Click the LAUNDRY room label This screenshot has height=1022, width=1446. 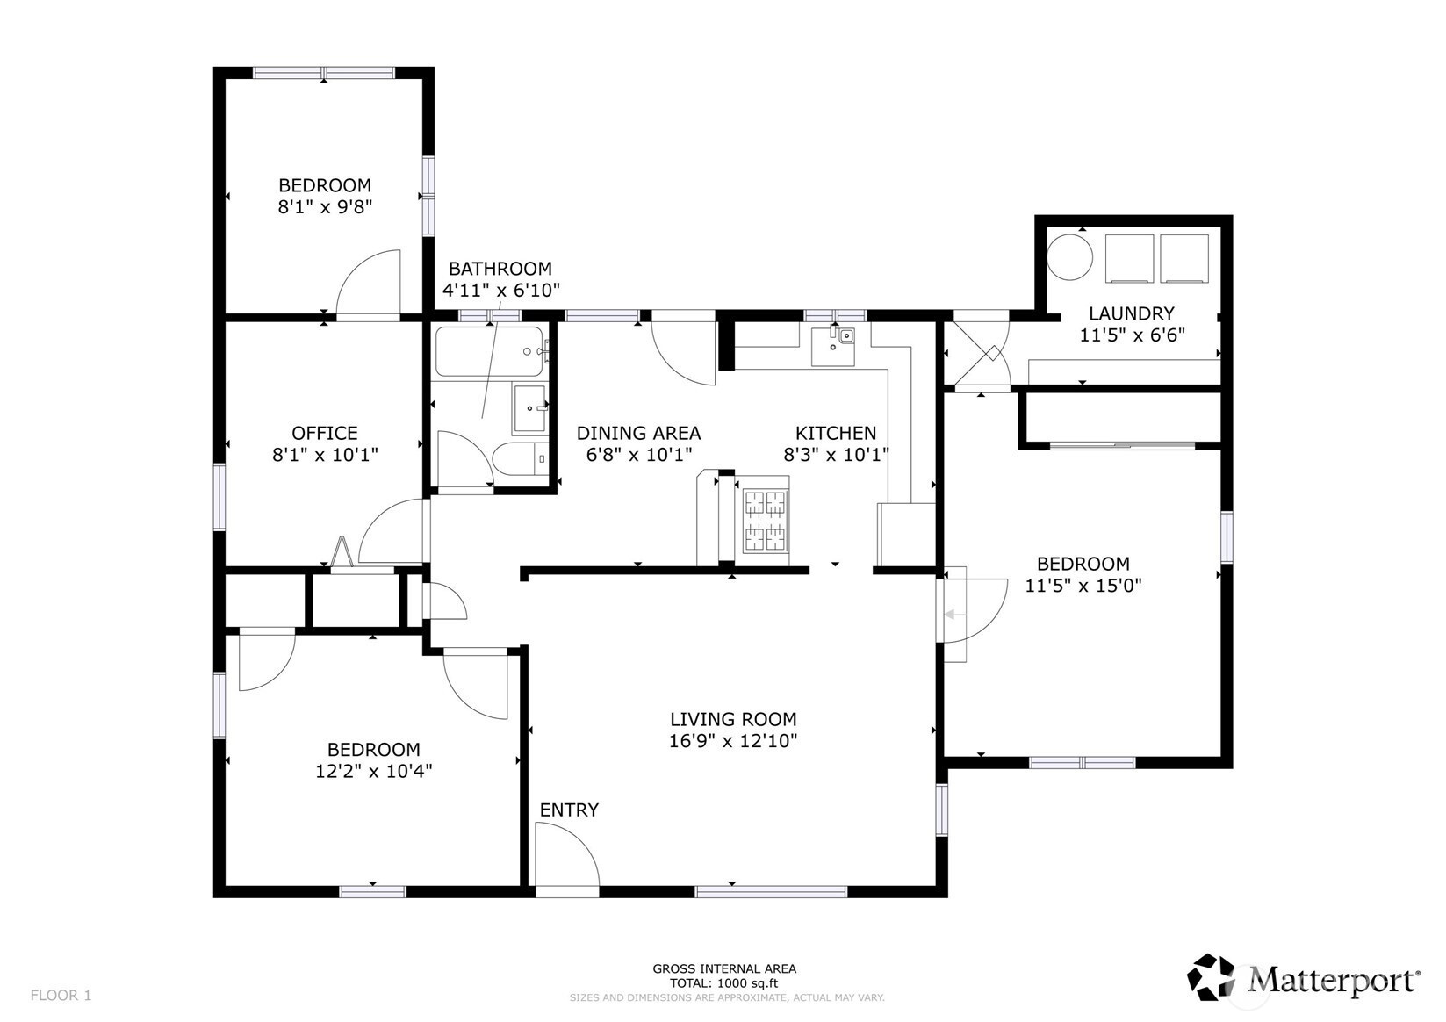point(1131,313)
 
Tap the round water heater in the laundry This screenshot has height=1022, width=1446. point(1069,257)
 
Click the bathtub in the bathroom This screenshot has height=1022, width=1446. point(491,352)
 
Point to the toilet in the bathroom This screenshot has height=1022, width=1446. point(520,460)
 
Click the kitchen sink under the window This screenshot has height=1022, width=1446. point(833,346)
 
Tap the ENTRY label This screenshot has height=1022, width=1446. point(569,810)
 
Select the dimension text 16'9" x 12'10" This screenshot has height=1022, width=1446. point(733,740)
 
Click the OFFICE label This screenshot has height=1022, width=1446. point(325,433)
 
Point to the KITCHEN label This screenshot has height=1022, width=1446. point(835,433)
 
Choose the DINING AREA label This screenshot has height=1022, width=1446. point(638,433)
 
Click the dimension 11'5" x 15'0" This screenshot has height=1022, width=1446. point(1083,586)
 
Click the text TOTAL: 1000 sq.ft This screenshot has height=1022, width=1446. point(723,984)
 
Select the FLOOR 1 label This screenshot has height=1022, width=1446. point(61,996)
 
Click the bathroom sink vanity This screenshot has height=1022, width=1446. point(530,408)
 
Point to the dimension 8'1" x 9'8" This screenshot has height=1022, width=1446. point(326,207)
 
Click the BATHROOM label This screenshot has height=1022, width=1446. point(500,269)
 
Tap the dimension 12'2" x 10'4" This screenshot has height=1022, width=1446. point(374,771)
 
